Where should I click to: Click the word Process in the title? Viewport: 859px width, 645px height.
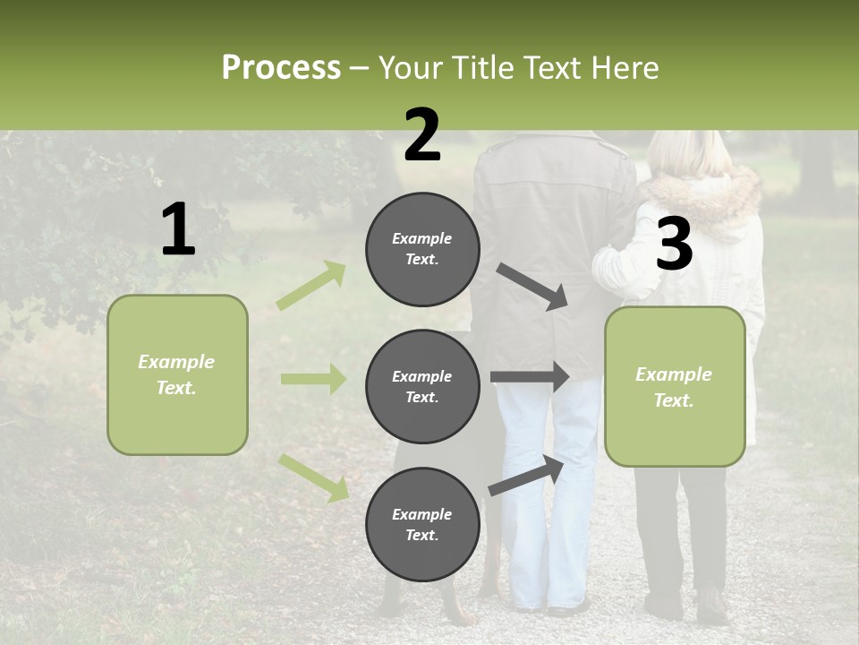281,67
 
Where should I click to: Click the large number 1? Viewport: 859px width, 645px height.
178,230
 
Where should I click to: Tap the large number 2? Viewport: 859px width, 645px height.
422,135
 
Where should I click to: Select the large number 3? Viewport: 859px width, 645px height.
674,245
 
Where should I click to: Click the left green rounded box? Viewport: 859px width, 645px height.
177,374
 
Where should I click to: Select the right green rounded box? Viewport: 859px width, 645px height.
675,387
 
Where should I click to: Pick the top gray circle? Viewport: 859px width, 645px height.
422,249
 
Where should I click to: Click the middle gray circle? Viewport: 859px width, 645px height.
422,387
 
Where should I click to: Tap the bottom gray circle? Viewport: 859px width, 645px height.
422,525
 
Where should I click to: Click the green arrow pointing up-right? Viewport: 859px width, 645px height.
311,286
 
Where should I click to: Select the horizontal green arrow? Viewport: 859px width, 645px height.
313,379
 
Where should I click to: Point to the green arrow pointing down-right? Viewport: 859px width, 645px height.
313,477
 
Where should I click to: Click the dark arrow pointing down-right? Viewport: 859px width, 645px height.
532,287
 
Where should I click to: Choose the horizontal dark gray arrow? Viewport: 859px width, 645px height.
529,377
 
